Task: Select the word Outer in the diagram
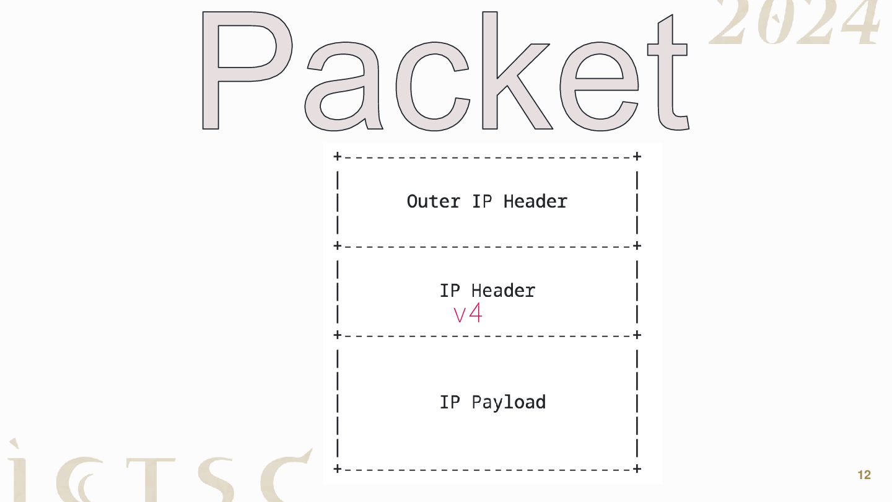coord(434,201)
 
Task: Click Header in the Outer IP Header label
coord(535,201)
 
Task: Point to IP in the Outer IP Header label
coord(482,201)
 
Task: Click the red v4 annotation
coord(468,314)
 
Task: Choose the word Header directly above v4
coord(503,291)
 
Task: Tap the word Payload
coord(509,403)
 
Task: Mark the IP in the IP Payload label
coord(450,402)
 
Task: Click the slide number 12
coord(864,475)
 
